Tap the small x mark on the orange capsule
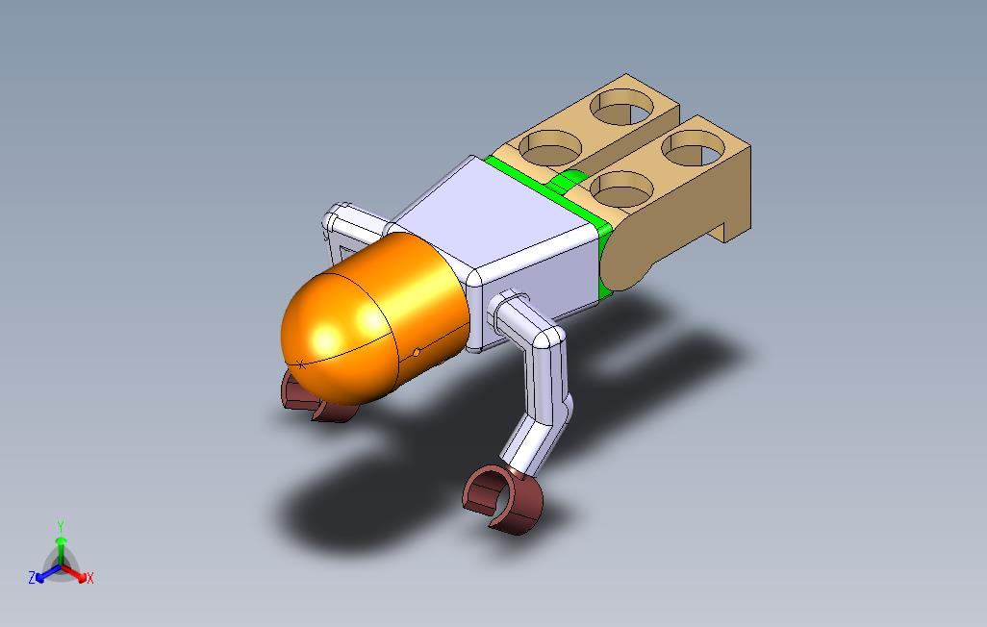tap(301, 364)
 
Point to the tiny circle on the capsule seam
tap(417, 352)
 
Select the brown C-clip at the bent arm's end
tap(503, 498)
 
